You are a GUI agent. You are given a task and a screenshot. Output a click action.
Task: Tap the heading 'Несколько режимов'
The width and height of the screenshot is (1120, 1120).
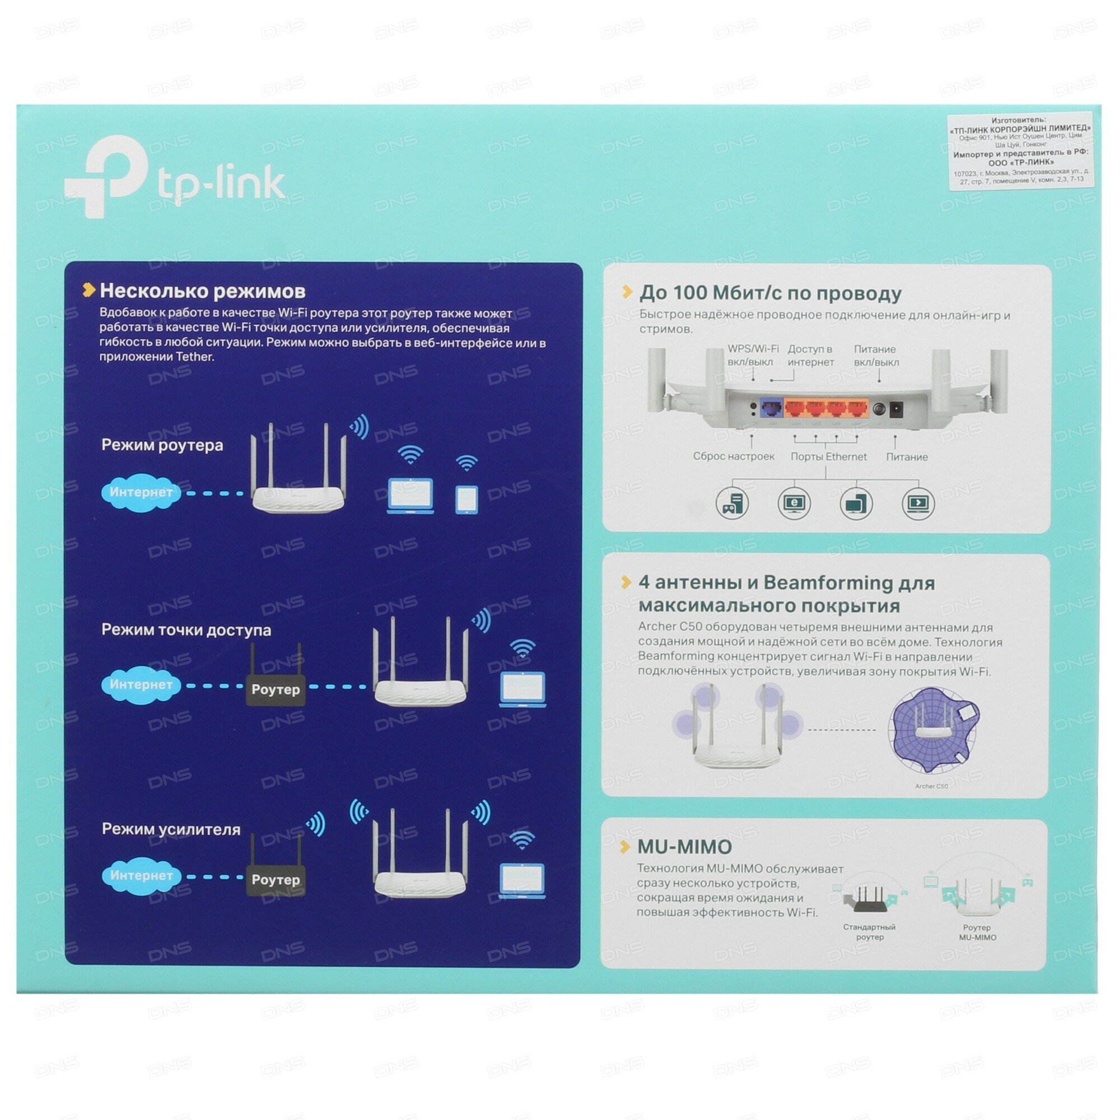202,291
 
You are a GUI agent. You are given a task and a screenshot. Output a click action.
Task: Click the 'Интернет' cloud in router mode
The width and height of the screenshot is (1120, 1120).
141,492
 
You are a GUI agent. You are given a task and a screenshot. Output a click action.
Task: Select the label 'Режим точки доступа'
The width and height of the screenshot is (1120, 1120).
186,629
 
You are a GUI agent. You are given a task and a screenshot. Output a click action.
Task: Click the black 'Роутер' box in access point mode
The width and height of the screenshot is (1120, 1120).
276,689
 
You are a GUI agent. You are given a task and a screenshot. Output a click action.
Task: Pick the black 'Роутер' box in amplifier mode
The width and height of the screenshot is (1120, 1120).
276,879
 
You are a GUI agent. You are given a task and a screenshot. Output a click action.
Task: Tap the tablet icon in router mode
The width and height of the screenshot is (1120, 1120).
466,499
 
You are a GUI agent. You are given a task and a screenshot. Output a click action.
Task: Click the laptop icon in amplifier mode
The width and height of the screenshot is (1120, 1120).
522,880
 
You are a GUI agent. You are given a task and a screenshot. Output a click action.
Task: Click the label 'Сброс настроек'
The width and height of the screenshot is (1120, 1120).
734,457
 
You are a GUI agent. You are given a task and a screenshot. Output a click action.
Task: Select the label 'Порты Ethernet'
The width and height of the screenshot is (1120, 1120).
828,457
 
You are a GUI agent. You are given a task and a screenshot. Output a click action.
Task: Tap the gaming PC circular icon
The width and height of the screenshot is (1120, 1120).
731,503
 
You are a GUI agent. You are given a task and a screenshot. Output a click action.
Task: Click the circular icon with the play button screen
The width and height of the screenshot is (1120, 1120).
918,503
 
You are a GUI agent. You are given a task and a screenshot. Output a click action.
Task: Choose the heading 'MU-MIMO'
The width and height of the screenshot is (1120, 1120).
684,847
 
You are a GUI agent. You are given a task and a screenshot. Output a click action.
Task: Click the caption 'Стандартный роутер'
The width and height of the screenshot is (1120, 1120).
869,932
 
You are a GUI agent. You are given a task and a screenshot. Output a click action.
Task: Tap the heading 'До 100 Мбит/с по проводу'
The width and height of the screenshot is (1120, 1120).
770,293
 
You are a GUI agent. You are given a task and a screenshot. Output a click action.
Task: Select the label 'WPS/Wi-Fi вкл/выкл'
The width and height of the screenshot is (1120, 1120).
753,356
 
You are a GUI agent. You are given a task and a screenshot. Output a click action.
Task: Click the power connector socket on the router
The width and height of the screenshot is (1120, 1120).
896,409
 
